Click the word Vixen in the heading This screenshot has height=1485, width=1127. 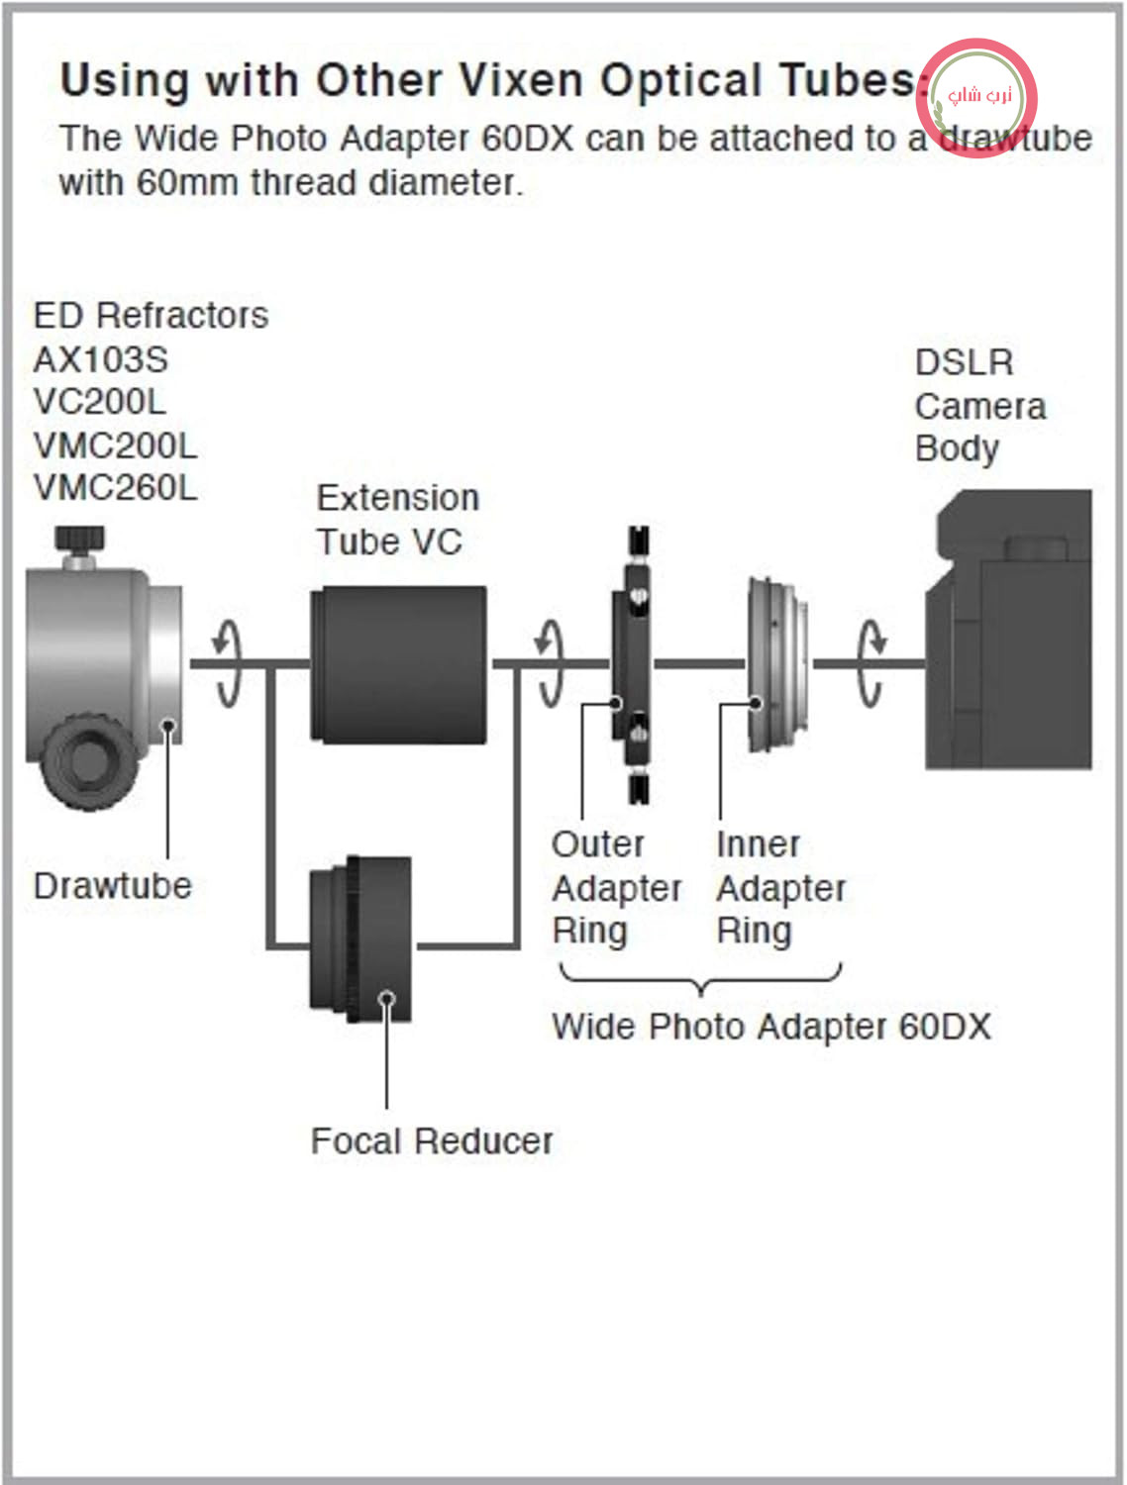coord(521,81)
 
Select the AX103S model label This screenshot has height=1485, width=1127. coord(101,359)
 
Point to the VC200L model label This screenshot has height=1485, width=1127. coord(99,402)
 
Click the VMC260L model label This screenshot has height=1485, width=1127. coord(116,487)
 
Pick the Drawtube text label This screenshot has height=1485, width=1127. coord(113,886)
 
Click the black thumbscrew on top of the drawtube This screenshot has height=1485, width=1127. coord(80,540)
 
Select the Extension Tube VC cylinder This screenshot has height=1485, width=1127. coord(398,665)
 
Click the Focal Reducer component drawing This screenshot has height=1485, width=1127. coord(360,940)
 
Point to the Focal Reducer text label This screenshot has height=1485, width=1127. coord(432,1141)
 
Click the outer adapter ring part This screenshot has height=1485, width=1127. coord(633,665)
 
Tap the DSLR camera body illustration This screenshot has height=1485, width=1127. coord(1008,630)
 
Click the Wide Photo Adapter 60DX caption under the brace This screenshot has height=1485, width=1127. coord(771,1027)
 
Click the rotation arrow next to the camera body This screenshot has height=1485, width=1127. coord(871,663)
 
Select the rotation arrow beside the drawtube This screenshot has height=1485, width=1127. coord(228,663)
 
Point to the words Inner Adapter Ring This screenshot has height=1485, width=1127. coord(780,887)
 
